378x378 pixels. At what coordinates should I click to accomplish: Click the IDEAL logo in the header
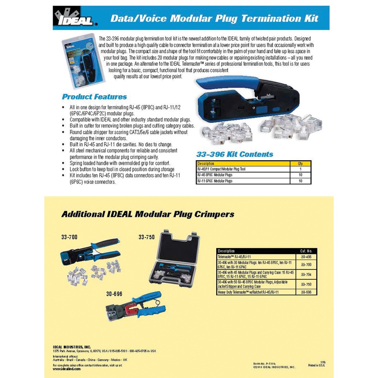75,18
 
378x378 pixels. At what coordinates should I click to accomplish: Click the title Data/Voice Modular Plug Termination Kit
214,18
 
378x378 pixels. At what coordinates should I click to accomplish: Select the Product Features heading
94,97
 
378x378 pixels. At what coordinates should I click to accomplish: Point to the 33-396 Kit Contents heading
234,154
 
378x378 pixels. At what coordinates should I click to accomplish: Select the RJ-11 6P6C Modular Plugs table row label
215,181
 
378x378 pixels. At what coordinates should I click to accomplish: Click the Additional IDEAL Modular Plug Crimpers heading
147,214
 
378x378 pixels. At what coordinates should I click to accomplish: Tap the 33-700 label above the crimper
69,237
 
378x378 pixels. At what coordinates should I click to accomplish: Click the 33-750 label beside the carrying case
147,237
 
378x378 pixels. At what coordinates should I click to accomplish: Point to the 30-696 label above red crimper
114,294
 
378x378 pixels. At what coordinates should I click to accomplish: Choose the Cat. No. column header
306,251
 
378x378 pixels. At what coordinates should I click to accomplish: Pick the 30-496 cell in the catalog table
306,257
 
